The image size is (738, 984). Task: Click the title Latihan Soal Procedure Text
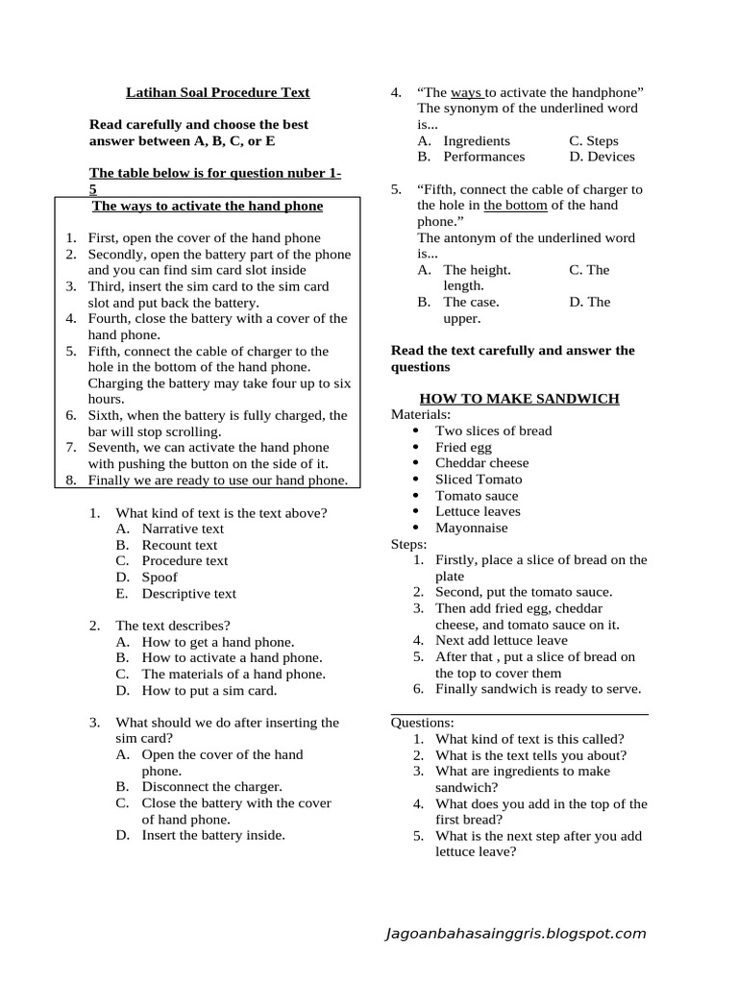click(x=218, y=92)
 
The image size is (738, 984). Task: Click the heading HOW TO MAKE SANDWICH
click(x=519, y=399)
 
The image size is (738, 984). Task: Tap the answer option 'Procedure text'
click(x=184, y=560)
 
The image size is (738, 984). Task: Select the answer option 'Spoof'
click(x=160, y=577)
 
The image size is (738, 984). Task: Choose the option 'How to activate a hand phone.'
click(x=232, y=657)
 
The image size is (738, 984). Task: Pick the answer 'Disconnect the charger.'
click(x=211, y=786)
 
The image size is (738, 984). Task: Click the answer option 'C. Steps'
click(x=594, y=140)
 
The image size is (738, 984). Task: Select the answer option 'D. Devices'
click(x=602, y=157)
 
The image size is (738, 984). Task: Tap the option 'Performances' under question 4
click(x=483, y=157)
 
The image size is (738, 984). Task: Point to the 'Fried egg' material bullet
click(x=465, y=447)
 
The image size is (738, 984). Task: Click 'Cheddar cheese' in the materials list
click(x=481, y=463)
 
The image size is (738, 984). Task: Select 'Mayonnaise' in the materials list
click(x=472, y=528)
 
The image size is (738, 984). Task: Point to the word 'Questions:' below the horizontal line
click(x=423, y=723)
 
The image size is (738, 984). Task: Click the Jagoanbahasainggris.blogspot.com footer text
click(x=514, y=933)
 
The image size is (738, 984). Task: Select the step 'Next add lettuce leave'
click(x=501, y=640)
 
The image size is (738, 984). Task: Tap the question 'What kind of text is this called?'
click(x=529, y=739)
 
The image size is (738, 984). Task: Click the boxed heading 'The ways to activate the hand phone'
click(x=208, y=206)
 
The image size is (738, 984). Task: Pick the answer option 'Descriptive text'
click(x=188, y=593)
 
